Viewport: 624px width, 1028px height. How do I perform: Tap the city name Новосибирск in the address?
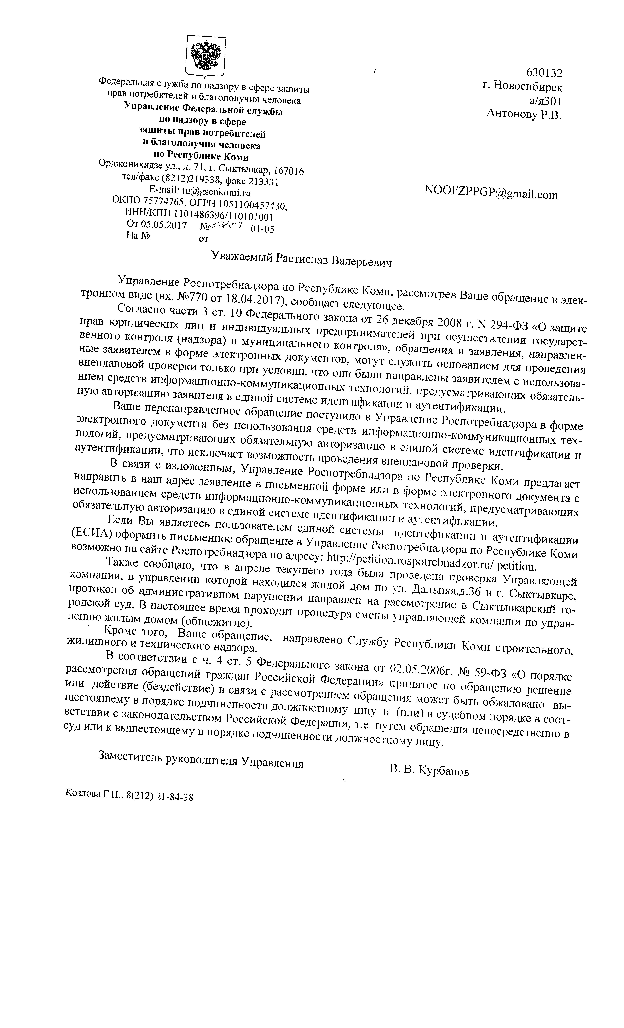[528, 87]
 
